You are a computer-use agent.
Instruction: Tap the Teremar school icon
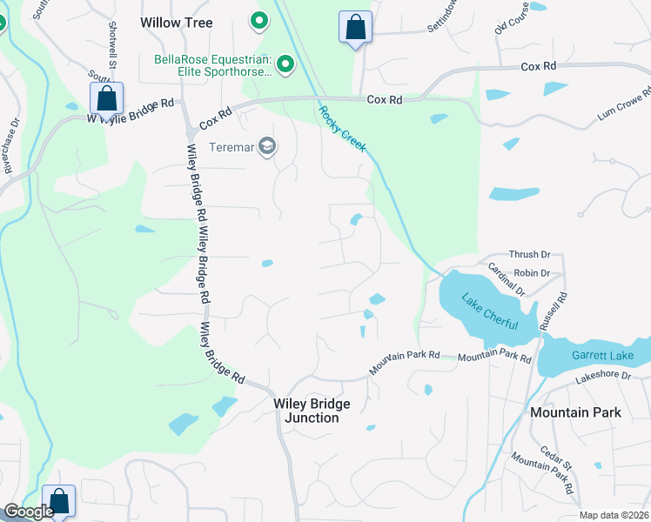click(x=268, y=147)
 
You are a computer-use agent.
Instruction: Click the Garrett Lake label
click(x=599, y=355)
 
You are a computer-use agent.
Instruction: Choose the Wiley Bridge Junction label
click(x=312, y=411)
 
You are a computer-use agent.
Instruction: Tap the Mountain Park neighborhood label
click(x=575, y=412)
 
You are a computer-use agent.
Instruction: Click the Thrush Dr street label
click(x=529, y=254)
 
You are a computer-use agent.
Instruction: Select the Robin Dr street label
click(x=532, y=272)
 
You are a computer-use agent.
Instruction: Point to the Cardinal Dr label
click(x=506, y=280)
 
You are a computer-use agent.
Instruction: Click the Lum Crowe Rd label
click(x=624, y=104)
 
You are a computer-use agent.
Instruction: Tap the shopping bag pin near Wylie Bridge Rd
click(x=106, y=98)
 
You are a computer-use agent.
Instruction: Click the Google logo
click(x=29, y=512)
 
